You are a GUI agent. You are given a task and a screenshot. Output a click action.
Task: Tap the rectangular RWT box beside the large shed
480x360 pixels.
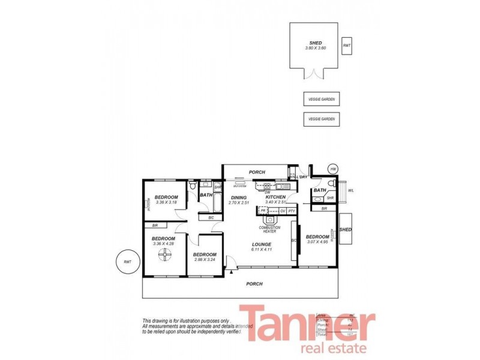tap(346, 46)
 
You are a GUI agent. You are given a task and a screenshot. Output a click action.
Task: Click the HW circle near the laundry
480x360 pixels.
tap(333, 170)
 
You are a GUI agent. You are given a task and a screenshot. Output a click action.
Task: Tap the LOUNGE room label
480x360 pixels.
tap(262, 244)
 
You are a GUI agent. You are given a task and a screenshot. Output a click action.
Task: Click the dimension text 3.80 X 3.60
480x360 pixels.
tap(314, 48)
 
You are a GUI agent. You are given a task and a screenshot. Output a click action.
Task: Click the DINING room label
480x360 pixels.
tap(239, 197)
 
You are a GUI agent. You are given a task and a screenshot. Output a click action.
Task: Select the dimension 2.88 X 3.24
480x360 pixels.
tap(205, 259)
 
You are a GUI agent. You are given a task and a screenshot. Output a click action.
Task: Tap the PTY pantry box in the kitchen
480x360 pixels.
tap(292, 211)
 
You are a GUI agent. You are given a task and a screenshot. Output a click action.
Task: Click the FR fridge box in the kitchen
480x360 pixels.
tap(263, 211)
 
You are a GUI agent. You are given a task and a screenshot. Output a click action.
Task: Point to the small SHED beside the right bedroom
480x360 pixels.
tap(346, 230)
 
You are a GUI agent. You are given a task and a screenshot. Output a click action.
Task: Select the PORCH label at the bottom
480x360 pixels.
tap(255, 284)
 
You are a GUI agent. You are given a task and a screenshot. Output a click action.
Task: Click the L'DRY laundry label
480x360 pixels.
tap(302, 177)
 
